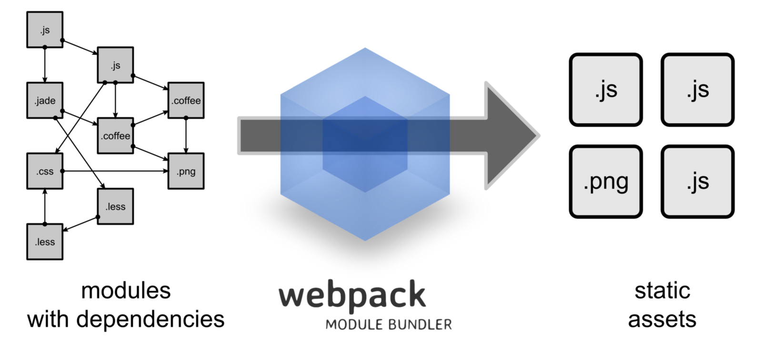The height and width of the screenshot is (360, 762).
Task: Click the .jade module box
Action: [x=45, y=100]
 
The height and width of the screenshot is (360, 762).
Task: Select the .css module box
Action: [x=45, y=171]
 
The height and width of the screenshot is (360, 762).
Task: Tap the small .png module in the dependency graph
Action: [x=186, y=171]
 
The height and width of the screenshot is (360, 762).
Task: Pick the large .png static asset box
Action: [x=606, y=181]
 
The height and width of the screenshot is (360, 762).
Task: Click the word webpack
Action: [x=352, y=296]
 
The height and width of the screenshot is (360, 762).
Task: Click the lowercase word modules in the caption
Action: [x=126, y=290]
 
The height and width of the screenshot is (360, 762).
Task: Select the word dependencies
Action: [x=150, y=319]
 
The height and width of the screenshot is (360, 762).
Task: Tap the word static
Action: [x=662, y=290]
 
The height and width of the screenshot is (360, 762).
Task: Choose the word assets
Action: [x=662, y=320]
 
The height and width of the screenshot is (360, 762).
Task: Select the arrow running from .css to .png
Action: [x=114, y=171]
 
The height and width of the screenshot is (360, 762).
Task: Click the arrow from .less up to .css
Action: [x=45, y=206]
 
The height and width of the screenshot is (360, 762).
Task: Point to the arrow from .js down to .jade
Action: [x=45, y=65]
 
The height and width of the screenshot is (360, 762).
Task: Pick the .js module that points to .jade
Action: [x=45, y=30]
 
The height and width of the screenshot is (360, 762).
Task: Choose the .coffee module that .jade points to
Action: [x=115, y=136]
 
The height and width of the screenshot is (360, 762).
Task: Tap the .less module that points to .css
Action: [x=45, y=241]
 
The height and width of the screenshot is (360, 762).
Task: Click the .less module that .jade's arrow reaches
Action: [x=115, y=206]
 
